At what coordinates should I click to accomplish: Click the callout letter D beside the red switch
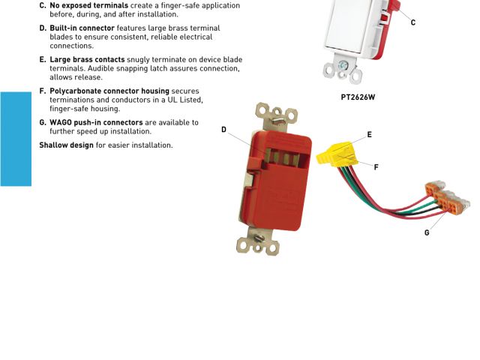click(223, 130)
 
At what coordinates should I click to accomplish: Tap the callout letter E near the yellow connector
click(370, 134)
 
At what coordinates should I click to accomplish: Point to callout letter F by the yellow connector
click(376, 166)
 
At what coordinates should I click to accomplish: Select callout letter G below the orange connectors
click(427, 232)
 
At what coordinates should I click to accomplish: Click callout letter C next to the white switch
click(413, 22)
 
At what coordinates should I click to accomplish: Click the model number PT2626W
click(358, 97)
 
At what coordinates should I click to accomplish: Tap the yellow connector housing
click(337, 154)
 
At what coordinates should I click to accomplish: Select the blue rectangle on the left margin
click(16, 139)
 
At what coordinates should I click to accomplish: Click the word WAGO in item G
click(61, 122)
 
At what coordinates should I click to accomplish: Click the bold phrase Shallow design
click(67, 145)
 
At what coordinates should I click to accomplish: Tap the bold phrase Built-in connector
click(82, 28)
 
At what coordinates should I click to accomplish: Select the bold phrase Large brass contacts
click(87, 59)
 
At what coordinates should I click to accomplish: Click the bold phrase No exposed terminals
click(88, 5)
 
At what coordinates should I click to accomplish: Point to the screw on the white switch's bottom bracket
click(342, 65)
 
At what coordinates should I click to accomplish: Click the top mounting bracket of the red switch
click(277, 116)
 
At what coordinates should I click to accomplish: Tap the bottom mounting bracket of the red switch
click(258, 241)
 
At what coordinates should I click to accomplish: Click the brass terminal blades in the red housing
click(282, 157)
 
